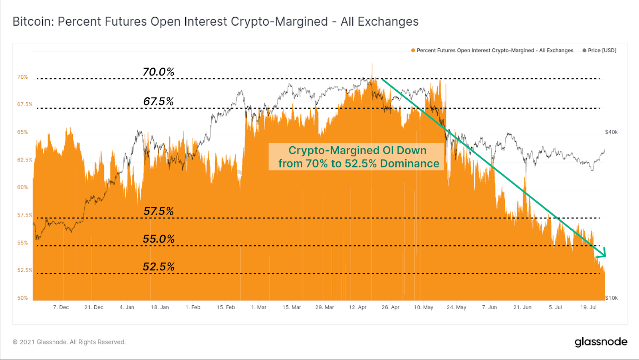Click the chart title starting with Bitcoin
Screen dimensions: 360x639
[x=215, y=22]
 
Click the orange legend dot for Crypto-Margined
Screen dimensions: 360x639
[x=413, y=50]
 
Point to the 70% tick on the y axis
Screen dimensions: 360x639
[x=22, y=77]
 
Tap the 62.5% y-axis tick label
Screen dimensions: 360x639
[x=25, y=160]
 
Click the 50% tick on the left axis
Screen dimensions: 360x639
[x=22, y=298]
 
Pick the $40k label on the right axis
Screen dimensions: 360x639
[x=611, y=132]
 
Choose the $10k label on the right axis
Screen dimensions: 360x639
[x=611, y=298]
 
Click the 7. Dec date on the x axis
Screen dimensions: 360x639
[x=61, y=307]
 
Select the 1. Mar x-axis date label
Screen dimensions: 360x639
[x=258, y=307]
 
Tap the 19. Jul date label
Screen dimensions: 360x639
[x=588, y=307]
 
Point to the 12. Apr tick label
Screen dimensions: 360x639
[x=357, y=307]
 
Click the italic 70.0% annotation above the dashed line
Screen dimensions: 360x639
[x=159, y=72]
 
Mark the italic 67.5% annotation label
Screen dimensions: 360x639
[x=159, y=101]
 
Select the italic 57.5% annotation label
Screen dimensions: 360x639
[x=159, y=211]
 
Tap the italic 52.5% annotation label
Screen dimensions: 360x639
[x=159, y=267]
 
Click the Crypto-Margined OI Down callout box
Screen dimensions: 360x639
[x=356, y=157]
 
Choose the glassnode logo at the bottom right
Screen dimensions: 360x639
[x=601, y=342]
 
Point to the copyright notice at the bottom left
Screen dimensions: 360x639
[x=69, y=342]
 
